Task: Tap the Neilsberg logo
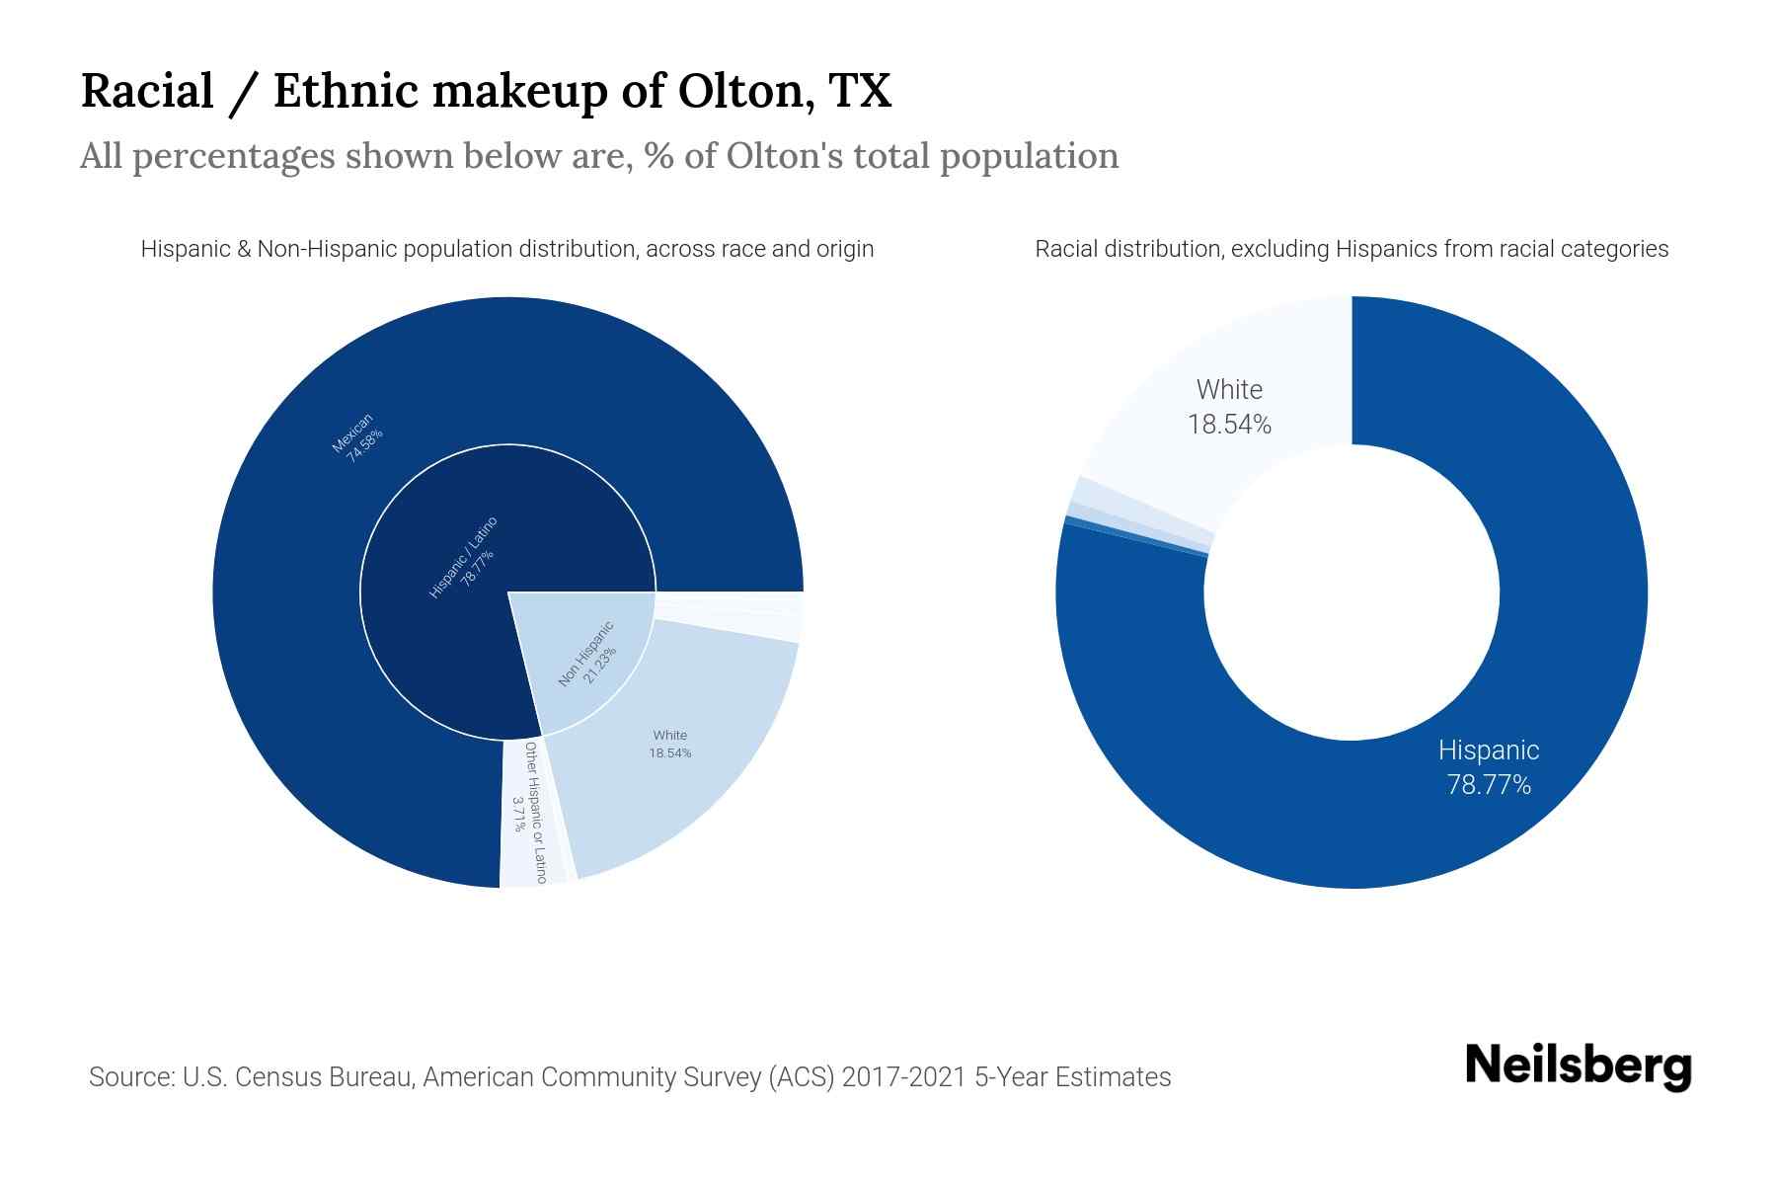[1578, 1066]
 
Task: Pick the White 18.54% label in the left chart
[669, 745]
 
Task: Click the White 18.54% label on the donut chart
[1229, 407]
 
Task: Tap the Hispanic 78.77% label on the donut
[1488, 767]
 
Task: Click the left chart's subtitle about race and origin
[506, 249]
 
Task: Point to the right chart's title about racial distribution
[1351, 249]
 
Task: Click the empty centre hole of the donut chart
[1351, 592]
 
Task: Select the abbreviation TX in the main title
[860, 91]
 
